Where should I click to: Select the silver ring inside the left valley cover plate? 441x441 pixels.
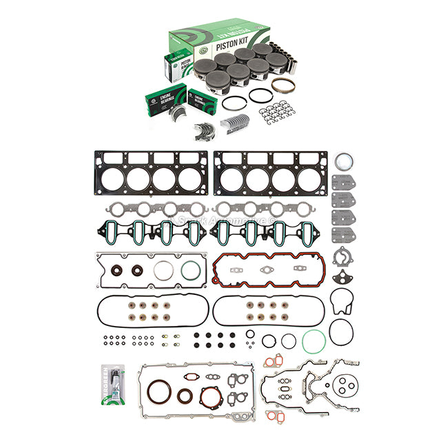[x=163, y=269]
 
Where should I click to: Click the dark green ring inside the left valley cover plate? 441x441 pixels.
[x=191, y=269]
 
